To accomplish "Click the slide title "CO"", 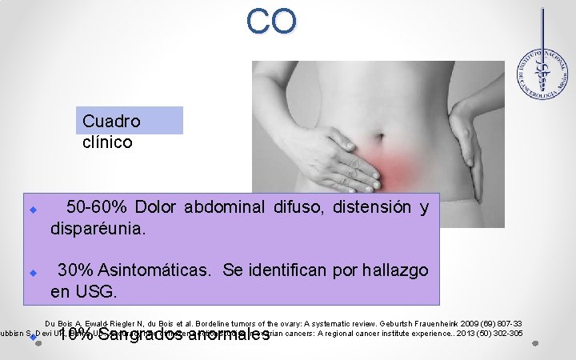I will (271, 22).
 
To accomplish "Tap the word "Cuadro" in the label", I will (111, 122).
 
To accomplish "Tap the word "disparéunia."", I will (98, 229).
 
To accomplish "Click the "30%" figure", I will (76, 270).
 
